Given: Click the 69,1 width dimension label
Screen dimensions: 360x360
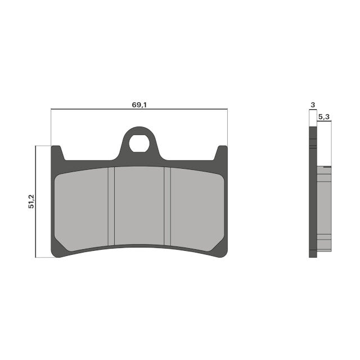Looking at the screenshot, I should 139,105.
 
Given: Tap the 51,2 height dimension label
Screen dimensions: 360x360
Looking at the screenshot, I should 31,201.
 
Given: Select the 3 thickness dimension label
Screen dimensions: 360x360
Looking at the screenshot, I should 312,105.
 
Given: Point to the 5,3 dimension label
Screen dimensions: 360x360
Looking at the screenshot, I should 324,116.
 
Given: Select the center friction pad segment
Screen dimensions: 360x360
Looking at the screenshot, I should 139,207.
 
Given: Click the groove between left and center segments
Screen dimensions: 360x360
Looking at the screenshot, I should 111,207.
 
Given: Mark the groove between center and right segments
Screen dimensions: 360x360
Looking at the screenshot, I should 167,207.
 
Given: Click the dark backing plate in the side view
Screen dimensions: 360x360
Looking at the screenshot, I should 313,197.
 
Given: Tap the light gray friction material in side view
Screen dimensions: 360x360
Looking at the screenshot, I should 324,208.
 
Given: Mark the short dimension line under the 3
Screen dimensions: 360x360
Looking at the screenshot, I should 313,110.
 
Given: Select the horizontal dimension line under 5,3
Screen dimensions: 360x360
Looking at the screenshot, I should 324,121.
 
